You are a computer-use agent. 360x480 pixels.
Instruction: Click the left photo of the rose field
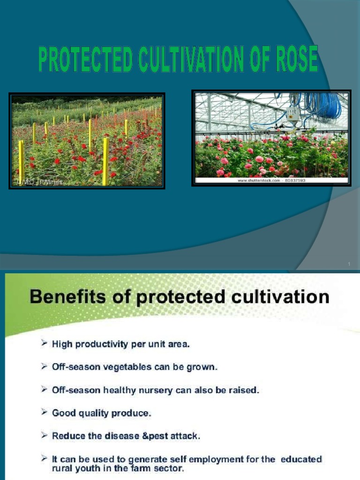87,141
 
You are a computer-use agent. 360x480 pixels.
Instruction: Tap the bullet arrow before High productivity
44,344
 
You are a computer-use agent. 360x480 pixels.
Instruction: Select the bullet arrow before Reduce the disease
44,436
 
